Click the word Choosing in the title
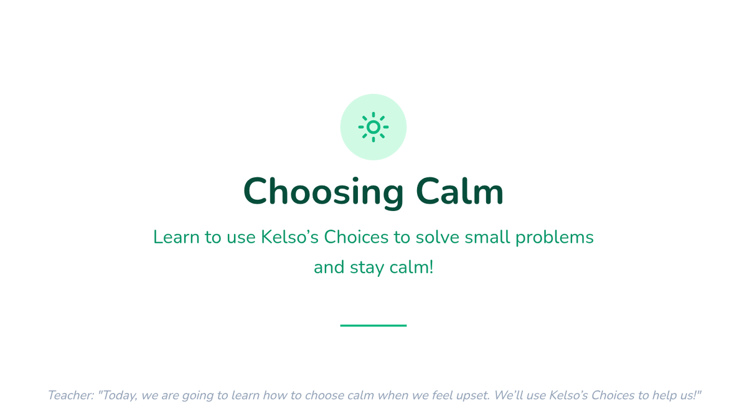[324, 193]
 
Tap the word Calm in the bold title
[459, 191]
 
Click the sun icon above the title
[373, 127]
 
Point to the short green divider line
[373, 325]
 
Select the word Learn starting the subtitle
[176, 237]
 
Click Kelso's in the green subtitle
[289, 237]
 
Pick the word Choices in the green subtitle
[356, 237]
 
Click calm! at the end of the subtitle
[411, 267]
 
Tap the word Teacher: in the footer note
[71, 395]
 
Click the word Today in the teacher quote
[118, 396]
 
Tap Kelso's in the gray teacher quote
[568, 395]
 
